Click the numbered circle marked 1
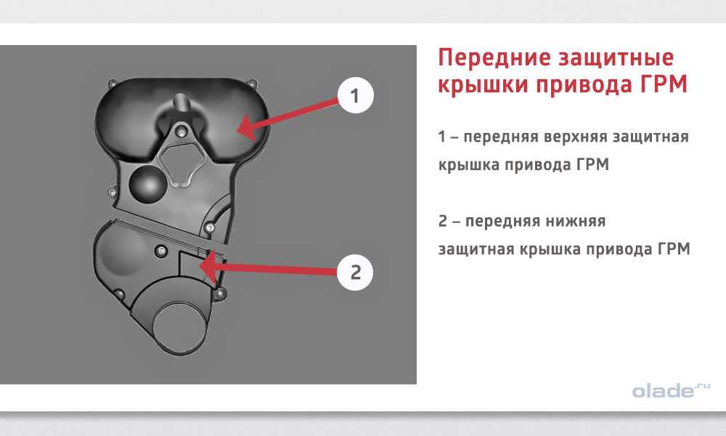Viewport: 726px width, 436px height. [355, 96]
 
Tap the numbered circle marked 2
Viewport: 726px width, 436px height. [355, 272]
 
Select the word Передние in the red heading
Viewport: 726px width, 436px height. [494, 57]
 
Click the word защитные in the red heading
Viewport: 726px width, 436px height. [616, 59]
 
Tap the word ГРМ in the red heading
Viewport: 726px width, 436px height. [664, 85]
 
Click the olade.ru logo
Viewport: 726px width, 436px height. [670, 391]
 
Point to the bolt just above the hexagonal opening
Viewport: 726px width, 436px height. [181, 132]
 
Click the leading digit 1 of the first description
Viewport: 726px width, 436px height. [442, 137]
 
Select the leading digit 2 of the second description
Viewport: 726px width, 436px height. [443, 221]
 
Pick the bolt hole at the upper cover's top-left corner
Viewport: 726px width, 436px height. [112, 84]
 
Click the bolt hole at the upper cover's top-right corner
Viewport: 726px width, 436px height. [252, 84]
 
